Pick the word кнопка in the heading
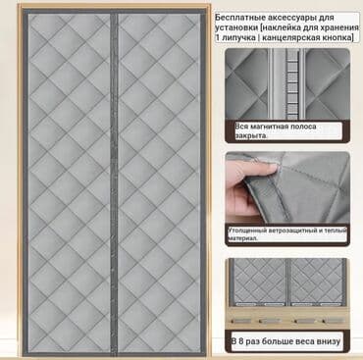(x=337, y=37)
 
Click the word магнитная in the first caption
(x=272, y=127)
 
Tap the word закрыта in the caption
(x=251, y=135)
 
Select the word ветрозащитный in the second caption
(x=289, y=231)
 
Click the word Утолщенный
(x=248, y=231)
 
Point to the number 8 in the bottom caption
(x=240, y=341)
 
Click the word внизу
(x=328, y=341)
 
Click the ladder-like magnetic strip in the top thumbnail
(x=292, y=84)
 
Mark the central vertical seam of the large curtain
(x=114, y=183)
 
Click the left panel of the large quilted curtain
(x=70, y=183)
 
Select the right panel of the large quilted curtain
(x=159, y=183)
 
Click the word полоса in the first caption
(x=304, y=127)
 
